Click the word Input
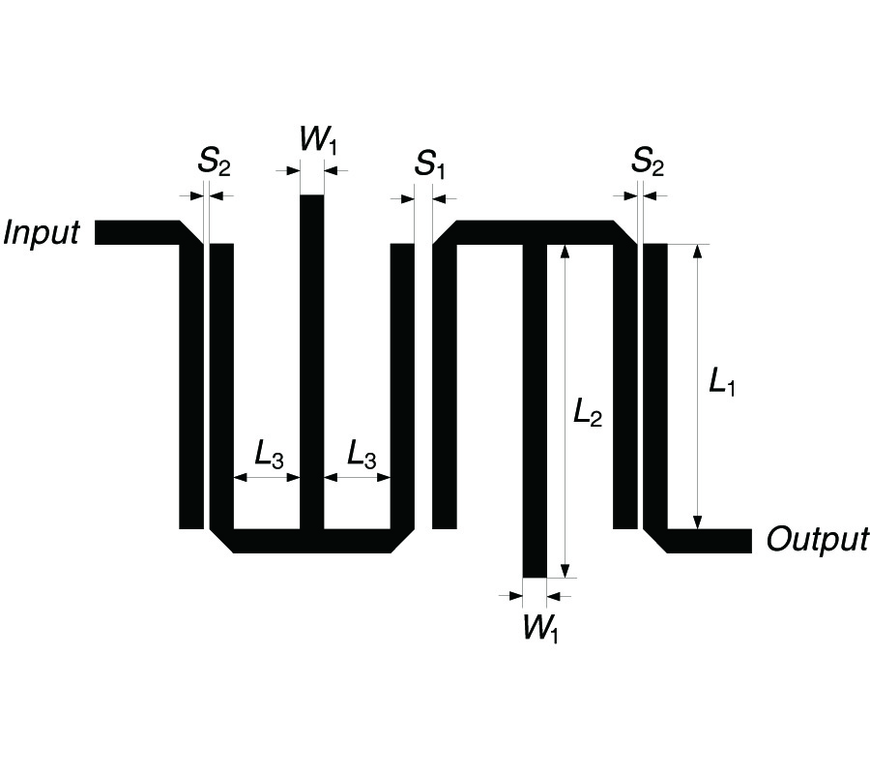click(42, 232)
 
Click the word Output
click(817, 539)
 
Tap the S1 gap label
click(430, 164)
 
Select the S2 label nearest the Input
click(215, 162)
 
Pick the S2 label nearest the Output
click(648, 162)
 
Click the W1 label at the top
click(318, 139)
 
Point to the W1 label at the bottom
click(540, 629)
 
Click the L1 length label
click(722, 382)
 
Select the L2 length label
click(588, 412)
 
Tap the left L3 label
click(269, 454)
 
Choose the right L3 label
click(362, 454)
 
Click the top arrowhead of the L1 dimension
click(698, 251)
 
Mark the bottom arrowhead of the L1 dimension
click(698, 522)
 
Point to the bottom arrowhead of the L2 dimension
click(565, 571)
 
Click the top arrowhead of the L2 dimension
click(565, 251)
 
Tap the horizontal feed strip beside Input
click(137, 232)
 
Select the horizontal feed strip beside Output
click(710, 542)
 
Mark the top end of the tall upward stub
click(312, 195)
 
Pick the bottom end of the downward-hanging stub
click(535, 578)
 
